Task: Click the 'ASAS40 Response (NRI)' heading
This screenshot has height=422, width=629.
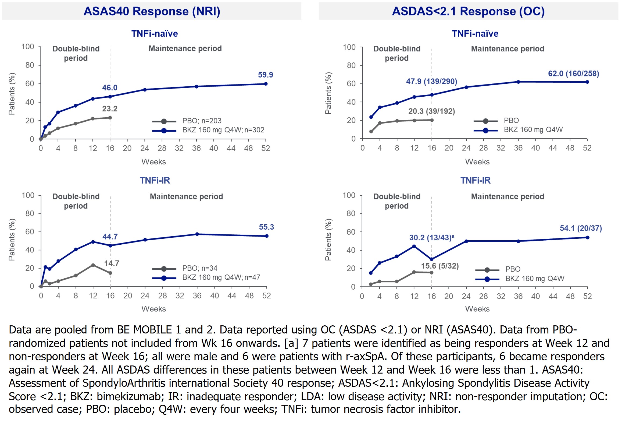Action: [152, 11]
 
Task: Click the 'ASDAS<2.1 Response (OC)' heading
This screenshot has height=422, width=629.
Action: [468, 11]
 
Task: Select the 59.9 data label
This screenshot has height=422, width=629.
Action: [265, 75]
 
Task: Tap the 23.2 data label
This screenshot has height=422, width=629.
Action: [110, 109]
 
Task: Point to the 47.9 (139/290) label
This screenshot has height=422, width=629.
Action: [431, 81]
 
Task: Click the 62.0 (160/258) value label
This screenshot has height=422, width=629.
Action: [573, 73]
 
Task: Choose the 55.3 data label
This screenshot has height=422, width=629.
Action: [266, 227]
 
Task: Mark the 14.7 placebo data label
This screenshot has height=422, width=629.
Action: [112, 263]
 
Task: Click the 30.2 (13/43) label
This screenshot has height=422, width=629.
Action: [431, 238]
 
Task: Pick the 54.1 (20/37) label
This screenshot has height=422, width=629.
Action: [581, 228]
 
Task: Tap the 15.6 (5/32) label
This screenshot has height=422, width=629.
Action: [440, 266]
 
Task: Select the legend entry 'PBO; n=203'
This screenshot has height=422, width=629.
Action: [202, 121]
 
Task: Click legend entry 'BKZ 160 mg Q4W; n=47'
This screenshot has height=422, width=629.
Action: [221, 277]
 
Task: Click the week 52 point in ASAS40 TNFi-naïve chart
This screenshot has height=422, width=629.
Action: [266, 84]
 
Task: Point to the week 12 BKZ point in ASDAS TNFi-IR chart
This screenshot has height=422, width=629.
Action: [414, 246]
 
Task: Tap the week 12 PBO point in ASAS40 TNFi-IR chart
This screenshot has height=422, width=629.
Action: [93, 265]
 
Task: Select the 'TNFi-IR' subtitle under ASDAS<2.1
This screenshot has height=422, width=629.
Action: [475, 180]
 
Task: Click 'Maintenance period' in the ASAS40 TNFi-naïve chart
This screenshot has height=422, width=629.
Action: [185, 48]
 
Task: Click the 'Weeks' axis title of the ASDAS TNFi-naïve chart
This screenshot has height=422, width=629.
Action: [477, 162]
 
